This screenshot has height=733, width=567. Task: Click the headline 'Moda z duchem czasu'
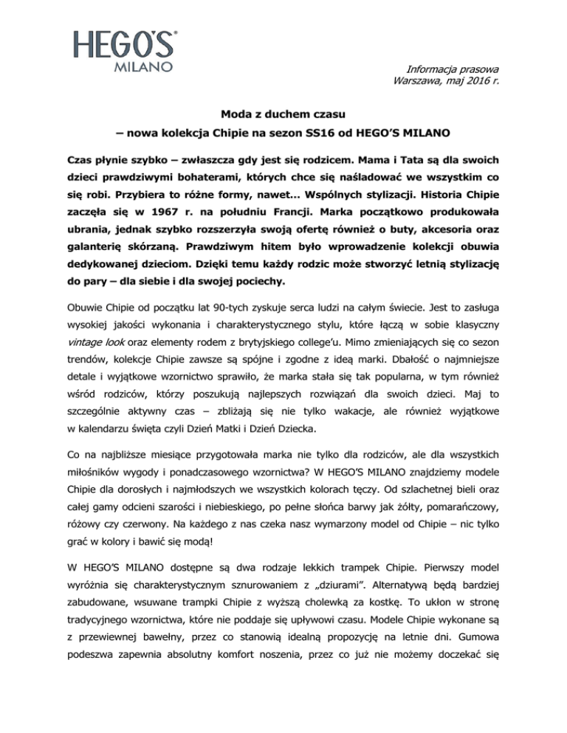pos(283,114)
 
